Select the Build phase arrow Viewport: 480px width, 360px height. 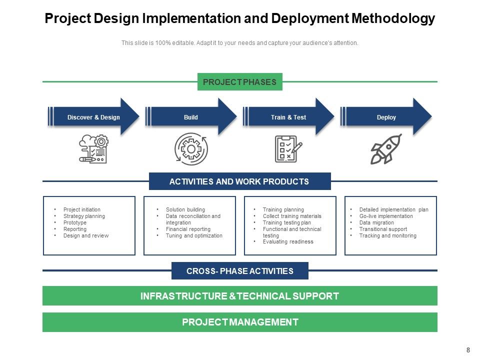point(191,117)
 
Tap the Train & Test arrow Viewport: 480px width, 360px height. point(288,117)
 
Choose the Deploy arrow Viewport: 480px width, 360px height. point(386,117)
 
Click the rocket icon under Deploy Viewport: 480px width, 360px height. point(385,149)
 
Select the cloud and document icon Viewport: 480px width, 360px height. point(94,149)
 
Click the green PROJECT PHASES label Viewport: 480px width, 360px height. point(239,82)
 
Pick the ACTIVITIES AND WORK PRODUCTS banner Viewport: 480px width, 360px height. point(239,181)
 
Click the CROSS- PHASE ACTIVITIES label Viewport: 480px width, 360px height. point(239,271)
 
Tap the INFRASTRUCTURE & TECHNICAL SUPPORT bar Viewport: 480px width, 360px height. point(239,296)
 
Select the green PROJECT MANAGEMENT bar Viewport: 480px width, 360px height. point(239,322)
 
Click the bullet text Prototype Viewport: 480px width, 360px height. point(75,222)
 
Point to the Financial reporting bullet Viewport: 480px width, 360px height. point(188,229)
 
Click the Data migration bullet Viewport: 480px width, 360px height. point(376,222)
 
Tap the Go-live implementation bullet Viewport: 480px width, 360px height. point(386,216)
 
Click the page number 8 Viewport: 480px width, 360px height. point(468,350)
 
